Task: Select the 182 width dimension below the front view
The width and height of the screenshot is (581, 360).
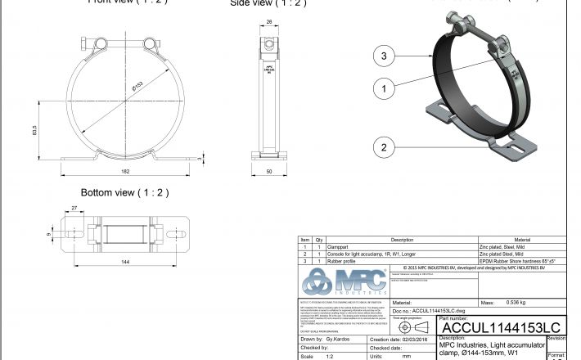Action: (x=124, y=170)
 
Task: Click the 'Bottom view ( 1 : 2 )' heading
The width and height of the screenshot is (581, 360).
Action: (x=124, y=192)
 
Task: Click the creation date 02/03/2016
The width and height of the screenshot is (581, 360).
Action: (x=414, y=339)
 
